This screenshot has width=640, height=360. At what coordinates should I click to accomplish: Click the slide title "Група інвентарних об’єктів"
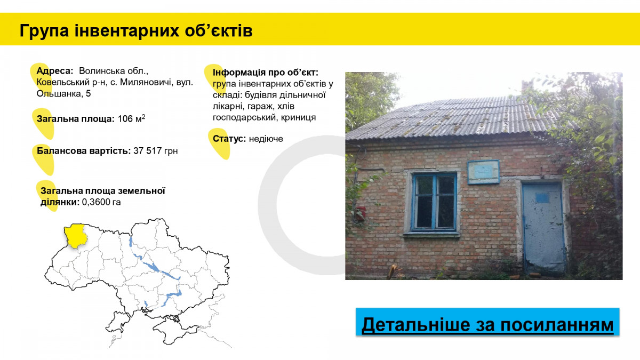point(136,31)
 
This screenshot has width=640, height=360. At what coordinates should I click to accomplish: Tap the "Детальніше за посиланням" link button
point(487,322)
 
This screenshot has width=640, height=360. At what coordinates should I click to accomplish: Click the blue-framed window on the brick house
point(434,202)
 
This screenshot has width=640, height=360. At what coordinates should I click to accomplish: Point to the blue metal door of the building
point(543,228)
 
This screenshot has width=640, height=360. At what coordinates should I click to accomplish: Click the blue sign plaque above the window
point(483,172)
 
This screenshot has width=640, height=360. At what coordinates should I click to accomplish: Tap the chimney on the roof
point(527,87)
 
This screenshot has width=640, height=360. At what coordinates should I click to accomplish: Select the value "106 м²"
point(131,118)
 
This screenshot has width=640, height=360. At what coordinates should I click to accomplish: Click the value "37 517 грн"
point(155,150)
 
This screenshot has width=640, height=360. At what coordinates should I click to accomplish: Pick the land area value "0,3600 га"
point(101,202)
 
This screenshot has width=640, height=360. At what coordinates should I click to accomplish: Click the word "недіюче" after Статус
point(266,139)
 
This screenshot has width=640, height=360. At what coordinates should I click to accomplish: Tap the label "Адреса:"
point(55,71)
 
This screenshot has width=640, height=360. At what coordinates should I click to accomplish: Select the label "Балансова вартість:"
point(84,150)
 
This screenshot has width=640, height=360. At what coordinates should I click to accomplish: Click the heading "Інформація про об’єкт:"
point(266,73)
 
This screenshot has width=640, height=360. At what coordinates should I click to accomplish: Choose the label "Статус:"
point(229,139)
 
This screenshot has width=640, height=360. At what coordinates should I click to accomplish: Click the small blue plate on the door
point(542,198)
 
